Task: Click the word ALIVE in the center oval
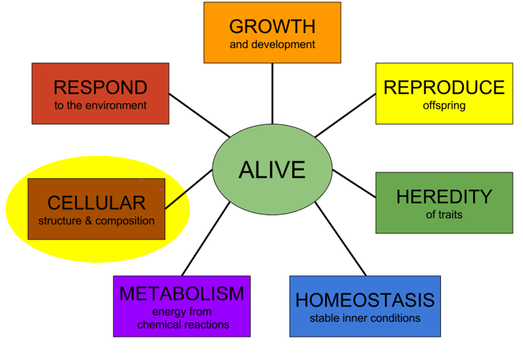coord(272,170)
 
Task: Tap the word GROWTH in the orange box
coord(272,26)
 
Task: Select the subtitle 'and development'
coord(272,45)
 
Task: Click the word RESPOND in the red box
coord(100,87)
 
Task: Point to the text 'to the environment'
coord(100,105)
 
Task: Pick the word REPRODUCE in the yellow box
coord(444,87)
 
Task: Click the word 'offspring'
coord(444,105)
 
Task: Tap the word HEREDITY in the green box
coord(444,197)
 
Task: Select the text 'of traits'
coord(444,214)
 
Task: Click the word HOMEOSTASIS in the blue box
coord(365,300)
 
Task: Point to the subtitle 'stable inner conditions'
coord(365,319)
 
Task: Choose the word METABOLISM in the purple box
coord(182,294)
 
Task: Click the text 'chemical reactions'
coord(183,325)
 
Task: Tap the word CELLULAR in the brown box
coord(96,203)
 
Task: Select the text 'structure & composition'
coord(96,221)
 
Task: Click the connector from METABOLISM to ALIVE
coord(205,239)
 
